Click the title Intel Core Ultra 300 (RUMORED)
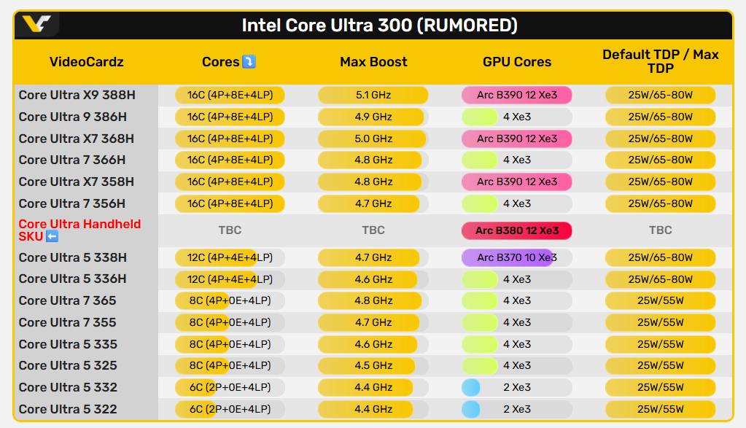(x=379, y=26)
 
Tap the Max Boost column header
(x=373, y=62)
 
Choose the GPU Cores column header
(x=517, y=62)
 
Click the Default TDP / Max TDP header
(x=660, y=61)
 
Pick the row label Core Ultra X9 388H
(x=77, y=95)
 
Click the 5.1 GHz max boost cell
(x=373, y=95)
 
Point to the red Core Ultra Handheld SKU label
(x=79, y=230)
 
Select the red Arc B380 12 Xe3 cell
(x=516, y=230)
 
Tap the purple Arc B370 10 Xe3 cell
(x=516, y=257)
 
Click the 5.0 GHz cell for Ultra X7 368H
(x=373, y=139)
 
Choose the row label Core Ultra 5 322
(x=68, y=409)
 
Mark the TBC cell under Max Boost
(x=373, y=230)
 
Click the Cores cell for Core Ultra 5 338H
(x=230, y=257)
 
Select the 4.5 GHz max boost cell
(x=373, y=365)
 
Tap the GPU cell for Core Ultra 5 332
(x=516, y=387)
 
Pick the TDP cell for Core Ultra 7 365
(x=660, y=300)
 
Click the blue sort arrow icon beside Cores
(x=249, y=62)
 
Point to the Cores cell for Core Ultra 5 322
(x=230, y=409)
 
